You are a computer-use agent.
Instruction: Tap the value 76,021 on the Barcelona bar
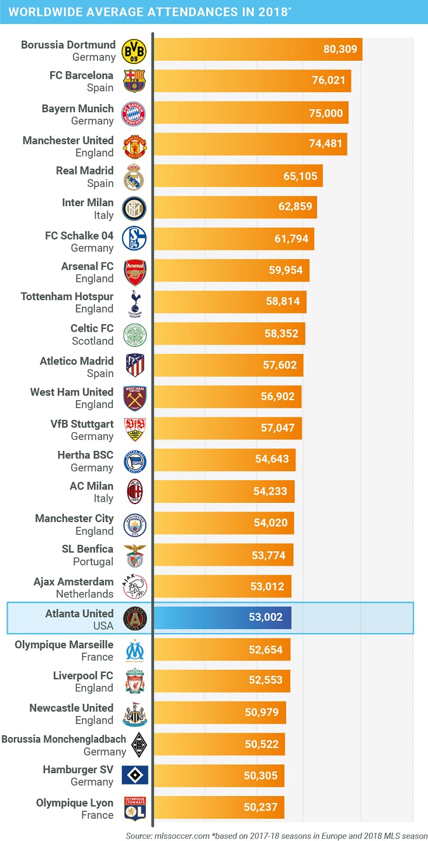click(329, 80)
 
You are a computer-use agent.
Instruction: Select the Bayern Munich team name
click(78, 108)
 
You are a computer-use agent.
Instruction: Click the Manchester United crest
click(134, 145)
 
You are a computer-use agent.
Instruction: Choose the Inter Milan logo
click(134, 208)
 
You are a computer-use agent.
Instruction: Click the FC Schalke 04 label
click(79, 235)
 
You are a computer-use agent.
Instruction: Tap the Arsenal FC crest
click(134, 272)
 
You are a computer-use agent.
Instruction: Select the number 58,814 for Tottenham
click(283, 301)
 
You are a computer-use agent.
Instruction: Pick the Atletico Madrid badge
click(134, 366)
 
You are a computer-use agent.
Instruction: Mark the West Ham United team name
click(72, 392)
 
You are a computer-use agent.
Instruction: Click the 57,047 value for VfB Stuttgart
click(278, 428)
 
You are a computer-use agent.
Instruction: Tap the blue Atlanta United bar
click(222, 617)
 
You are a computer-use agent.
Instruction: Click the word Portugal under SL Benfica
click(93, 561)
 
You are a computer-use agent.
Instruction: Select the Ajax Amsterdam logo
click(134, 586)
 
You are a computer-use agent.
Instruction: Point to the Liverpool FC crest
click(134, 680)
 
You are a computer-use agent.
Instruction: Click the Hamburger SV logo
click(134, 775)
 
